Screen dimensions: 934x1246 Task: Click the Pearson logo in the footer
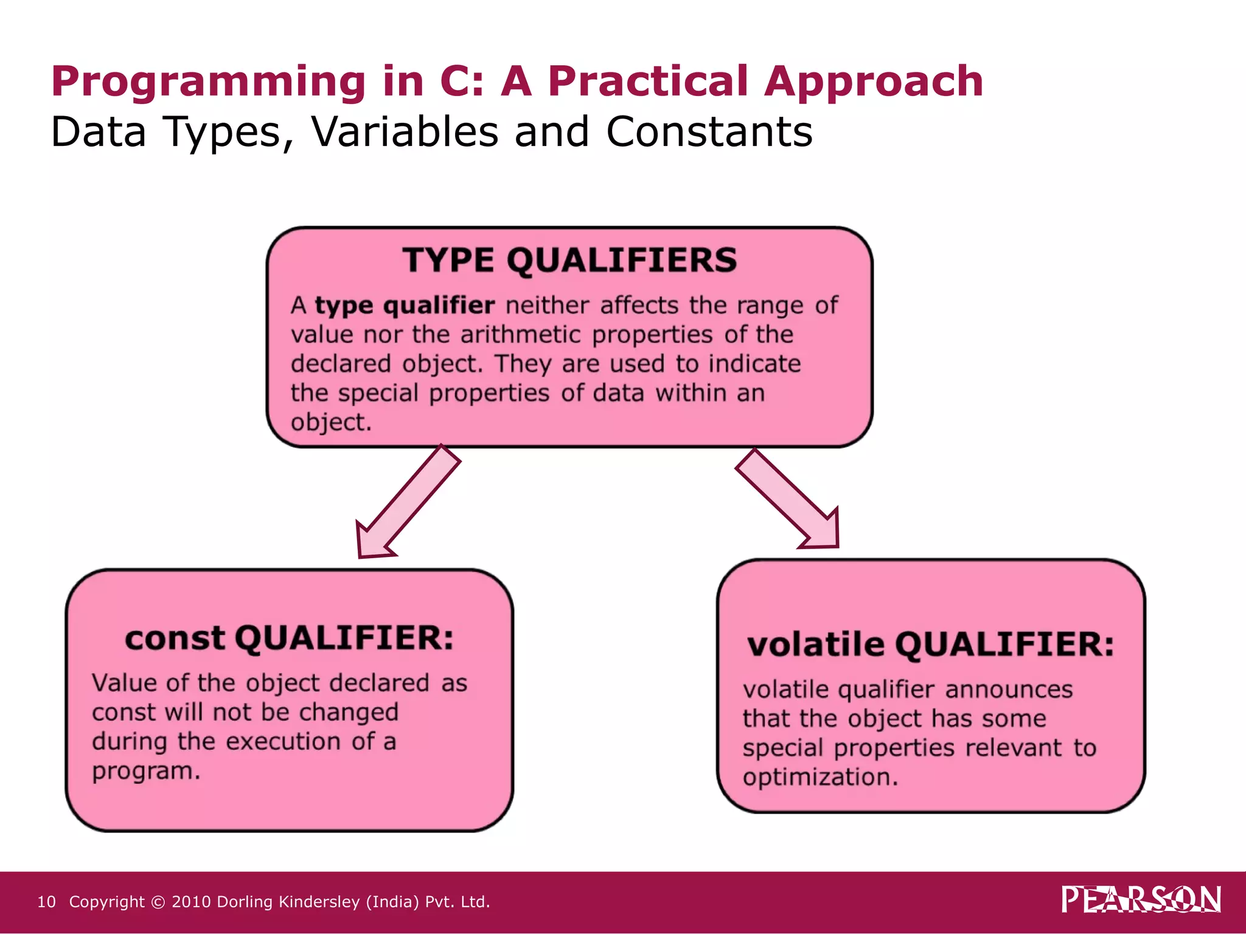(1140, 899)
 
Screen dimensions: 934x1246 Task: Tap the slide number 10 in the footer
(46, 902)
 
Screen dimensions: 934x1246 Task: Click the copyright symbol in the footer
(158, 902)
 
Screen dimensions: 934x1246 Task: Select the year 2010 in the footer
(191, 902)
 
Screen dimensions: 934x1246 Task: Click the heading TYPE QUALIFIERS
(569, 260)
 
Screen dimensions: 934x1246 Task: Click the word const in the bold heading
(175, 639)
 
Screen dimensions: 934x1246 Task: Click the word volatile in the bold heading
(815, 645)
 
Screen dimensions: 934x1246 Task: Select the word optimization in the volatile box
(820, 778)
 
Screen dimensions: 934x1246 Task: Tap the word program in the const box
(145, 772)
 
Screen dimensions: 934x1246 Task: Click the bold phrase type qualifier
(405, 305)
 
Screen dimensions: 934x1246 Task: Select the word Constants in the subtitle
(709, 132)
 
